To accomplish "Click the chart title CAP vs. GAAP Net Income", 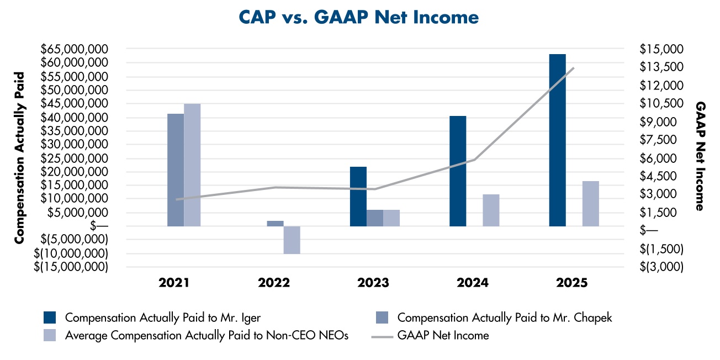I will tap(359, 17).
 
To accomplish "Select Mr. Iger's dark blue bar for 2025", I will tap(557, 140).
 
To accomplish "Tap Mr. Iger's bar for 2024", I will tap(458, 171).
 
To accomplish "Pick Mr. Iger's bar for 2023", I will tap(358, 197).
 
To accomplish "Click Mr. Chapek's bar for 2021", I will tap(176, 170).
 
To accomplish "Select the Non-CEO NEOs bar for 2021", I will tap(192, 165).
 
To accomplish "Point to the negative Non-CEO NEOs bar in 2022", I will tap(292, 240).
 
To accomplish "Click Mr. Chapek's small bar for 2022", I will tap(276, 224).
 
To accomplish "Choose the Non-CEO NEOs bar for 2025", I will tap(590, 204).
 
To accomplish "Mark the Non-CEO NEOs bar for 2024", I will tap(491, 210).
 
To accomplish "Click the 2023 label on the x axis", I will tap(373, 283).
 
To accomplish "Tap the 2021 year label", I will tap(174, 283).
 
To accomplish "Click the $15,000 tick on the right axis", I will tap(660, 49).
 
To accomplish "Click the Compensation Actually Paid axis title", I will tap(19, 157).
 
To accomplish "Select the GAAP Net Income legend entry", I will tap(431, 335).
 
